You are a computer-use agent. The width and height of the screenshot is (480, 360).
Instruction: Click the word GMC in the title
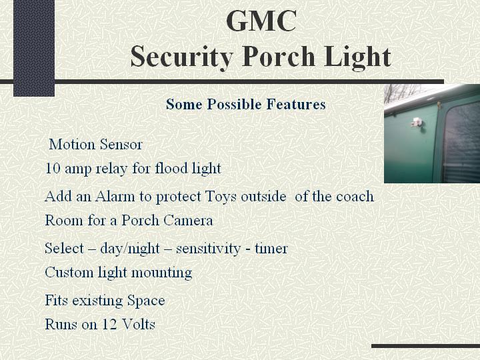tap(261, 21)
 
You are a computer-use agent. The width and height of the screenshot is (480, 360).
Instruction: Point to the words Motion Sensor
tap(95, 144)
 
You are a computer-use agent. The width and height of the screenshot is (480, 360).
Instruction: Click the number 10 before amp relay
tap(53, 168)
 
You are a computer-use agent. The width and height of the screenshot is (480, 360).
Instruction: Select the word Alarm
tap(115, 196)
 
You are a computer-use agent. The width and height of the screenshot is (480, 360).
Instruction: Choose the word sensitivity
tap(208, 249)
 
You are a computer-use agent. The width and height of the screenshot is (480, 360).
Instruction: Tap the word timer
tap(271, 248)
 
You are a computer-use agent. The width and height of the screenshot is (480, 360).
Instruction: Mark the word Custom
tap(69, 272)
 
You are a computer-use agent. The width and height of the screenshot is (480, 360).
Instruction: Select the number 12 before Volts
tap(109, 324)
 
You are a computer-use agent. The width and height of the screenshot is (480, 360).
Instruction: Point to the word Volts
tap(139, 324)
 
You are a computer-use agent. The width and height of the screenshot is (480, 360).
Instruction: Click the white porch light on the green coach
tap(417, 123)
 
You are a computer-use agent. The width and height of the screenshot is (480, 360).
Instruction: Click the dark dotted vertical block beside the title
tap(34, 48)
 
